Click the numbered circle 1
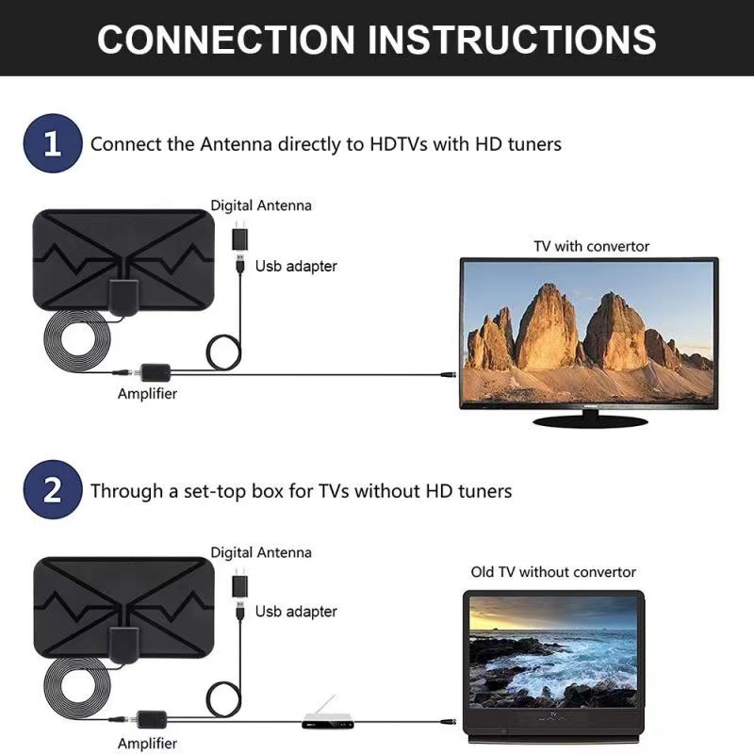click(53, 144)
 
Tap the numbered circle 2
click(53, 490)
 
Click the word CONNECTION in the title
click(225, 40)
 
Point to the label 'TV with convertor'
click(591, 246)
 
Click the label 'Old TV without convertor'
click(553, 572)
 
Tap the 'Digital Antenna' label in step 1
click(260, 205)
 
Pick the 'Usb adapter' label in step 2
click(295, 612)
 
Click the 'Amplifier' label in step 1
click(147, 394)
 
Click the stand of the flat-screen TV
click(589, 419)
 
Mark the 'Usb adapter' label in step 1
click(295, 266)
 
